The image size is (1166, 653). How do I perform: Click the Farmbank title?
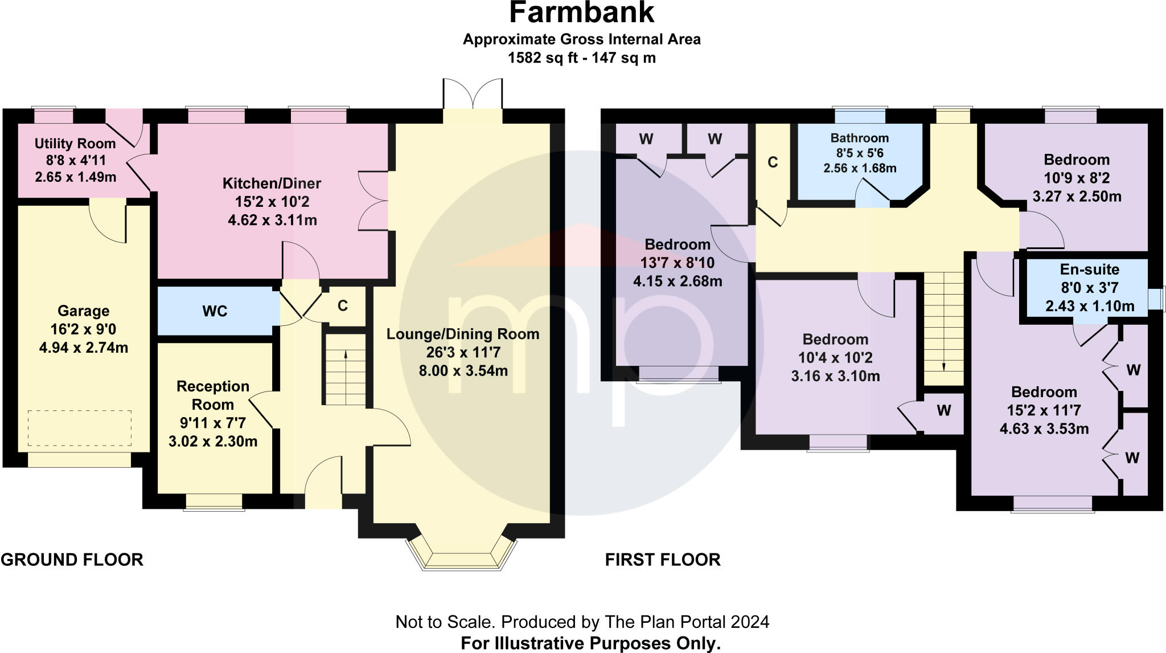click(581, 13)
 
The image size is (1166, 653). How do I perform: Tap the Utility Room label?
click(75, 144)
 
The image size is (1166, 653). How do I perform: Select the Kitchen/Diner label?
click(272, 183)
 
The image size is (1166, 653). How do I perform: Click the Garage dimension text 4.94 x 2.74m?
click(84, 348)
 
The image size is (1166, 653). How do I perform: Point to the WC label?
click(215, 311)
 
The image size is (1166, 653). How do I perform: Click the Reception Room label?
click(213, 395)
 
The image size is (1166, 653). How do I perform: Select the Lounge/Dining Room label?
click(463, 334)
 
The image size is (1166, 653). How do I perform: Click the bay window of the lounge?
click(462, 553)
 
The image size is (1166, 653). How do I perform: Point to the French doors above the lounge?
click(473, 94)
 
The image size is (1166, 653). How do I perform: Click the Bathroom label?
click(860, 138)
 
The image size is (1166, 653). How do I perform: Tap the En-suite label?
click(1090, 270)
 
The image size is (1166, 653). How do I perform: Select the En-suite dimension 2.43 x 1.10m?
click(1090, 306)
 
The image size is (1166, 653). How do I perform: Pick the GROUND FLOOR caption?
click(72, 560)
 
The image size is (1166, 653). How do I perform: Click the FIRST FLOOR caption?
click(663, 560)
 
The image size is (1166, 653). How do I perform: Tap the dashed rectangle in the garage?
click(80, 428)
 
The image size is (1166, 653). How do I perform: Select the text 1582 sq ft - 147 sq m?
click(581, 58)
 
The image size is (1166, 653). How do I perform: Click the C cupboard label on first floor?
click(773, 162)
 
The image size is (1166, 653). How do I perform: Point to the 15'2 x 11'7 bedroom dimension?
click(1044, 410)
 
